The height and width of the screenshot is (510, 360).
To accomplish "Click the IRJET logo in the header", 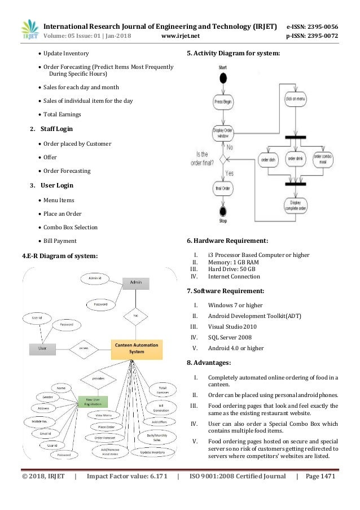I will coord(29,29).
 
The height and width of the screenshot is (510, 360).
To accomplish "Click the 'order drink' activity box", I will coord(295,159).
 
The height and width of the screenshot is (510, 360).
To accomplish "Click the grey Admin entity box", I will coord(135,282).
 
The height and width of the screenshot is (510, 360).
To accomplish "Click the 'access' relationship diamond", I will coord(84,348).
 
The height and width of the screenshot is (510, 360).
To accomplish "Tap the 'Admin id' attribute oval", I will coord(94,278).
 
